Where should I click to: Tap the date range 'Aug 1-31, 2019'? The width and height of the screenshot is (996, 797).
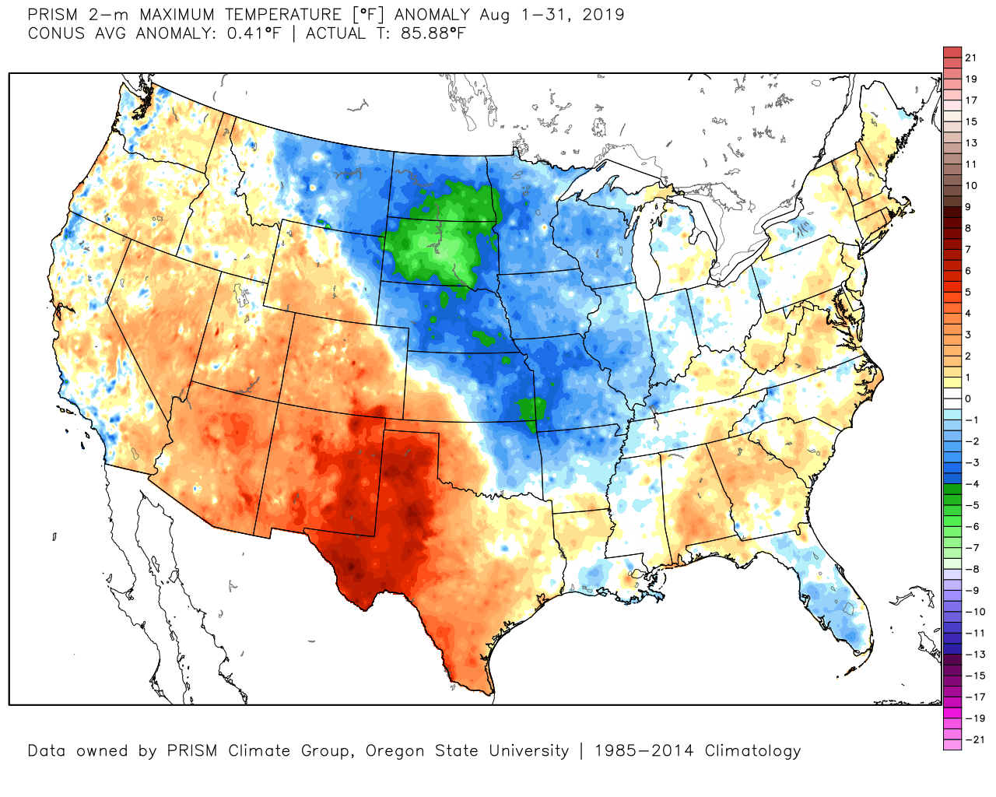coord(551,15)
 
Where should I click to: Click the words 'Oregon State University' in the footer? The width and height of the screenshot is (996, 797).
coord(467,751)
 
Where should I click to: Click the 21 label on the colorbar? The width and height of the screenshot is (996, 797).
coord(970,58)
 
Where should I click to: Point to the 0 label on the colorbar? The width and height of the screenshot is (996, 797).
coord(968,398)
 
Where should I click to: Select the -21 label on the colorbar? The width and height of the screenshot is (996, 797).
coord(974,739)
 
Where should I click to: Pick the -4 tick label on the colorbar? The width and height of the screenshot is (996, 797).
coord(972,484)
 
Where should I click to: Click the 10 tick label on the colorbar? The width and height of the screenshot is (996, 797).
coord(970,185)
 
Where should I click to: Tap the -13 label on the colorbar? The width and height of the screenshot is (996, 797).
coord(974,655)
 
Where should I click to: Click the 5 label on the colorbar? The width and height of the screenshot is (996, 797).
coord(968,292)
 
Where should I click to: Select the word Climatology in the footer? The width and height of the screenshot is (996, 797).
coord(752,751)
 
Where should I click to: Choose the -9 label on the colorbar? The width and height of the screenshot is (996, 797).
coord(972,591)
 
